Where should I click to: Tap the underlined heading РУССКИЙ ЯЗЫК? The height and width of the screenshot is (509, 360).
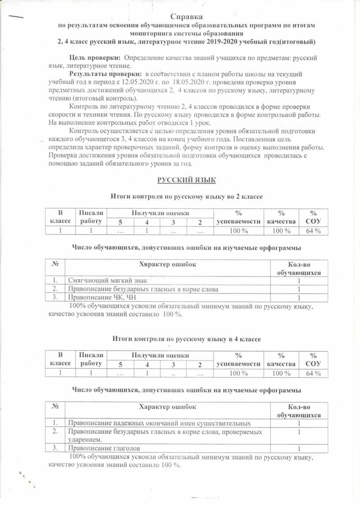point(186,180)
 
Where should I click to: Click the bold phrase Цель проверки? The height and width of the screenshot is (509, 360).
point(95,58)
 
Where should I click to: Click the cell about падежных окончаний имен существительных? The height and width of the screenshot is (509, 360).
point(160,423)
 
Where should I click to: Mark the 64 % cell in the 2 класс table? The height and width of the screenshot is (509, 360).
point(313,231)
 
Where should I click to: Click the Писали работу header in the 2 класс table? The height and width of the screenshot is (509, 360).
point(91,217)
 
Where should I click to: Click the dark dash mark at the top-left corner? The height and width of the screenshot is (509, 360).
point(16,16)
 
